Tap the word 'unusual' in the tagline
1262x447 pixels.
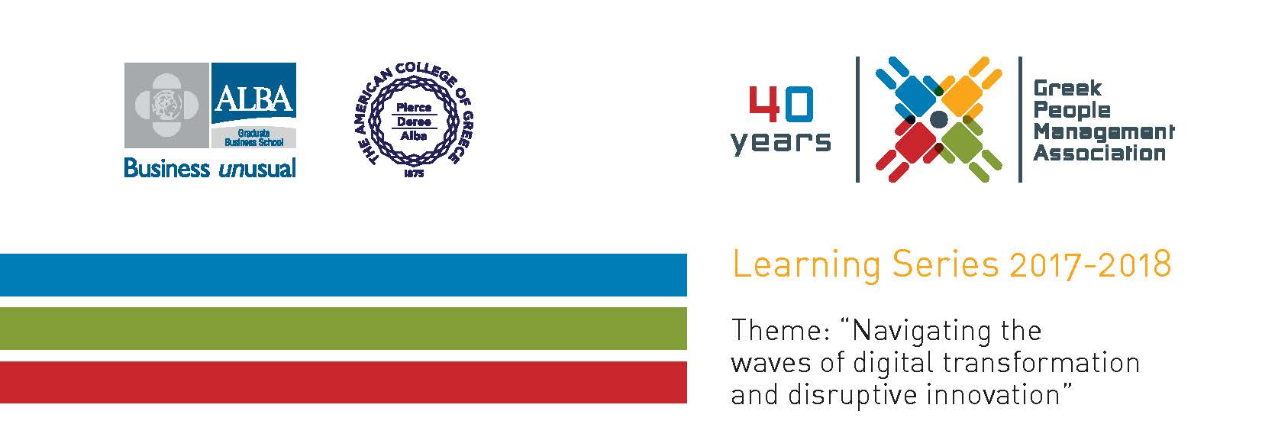(257, 168)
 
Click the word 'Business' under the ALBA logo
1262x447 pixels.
(166, 167)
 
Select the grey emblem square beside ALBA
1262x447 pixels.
(166, 105)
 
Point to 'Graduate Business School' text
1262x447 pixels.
(253, 138)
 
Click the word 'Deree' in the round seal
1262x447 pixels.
(414, 121)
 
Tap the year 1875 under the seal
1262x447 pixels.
(414, 173)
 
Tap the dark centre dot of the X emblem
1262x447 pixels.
(938, 119)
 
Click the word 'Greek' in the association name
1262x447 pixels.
(1067, 89)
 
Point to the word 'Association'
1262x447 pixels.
(1099, 154)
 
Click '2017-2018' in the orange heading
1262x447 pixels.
(1091, 264)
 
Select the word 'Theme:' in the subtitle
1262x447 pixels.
(781, 331)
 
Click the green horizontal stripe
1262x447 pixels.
(343, 329)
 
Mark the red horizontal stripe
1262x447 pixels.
(343, 382)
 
